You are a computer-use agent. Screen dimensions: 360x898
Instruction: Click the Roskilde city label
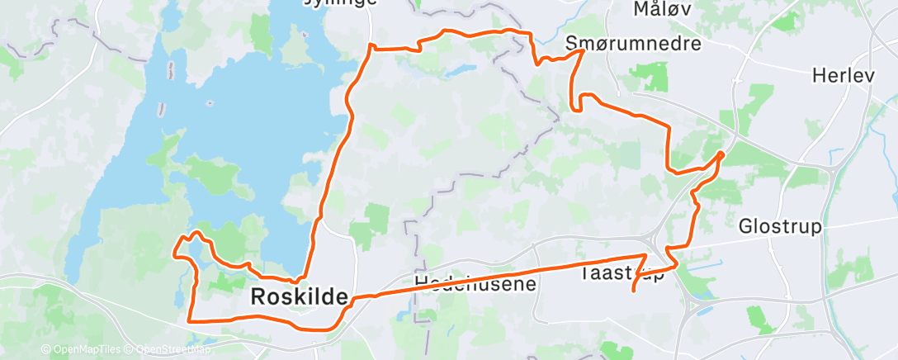[x=298, y=297]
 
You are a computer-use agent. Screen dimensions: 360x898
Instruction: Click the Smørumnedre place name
[x=633, y=42]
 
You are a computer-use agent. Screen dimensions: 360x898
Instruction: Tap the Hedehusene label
[x=475, y=283]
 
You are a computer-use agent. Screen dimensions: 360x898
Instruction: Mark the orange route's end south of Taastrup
[x=632, y=291]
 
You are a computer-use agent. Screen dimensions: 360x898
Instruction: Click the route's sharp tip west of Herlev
[x=722, y=153]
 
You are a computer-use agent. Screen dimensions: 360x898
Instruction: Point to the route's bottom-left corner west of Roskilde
[x=190, y=320]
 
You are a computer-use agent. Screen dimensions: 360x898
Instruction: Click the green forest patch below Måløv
[x=656, y=77]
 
